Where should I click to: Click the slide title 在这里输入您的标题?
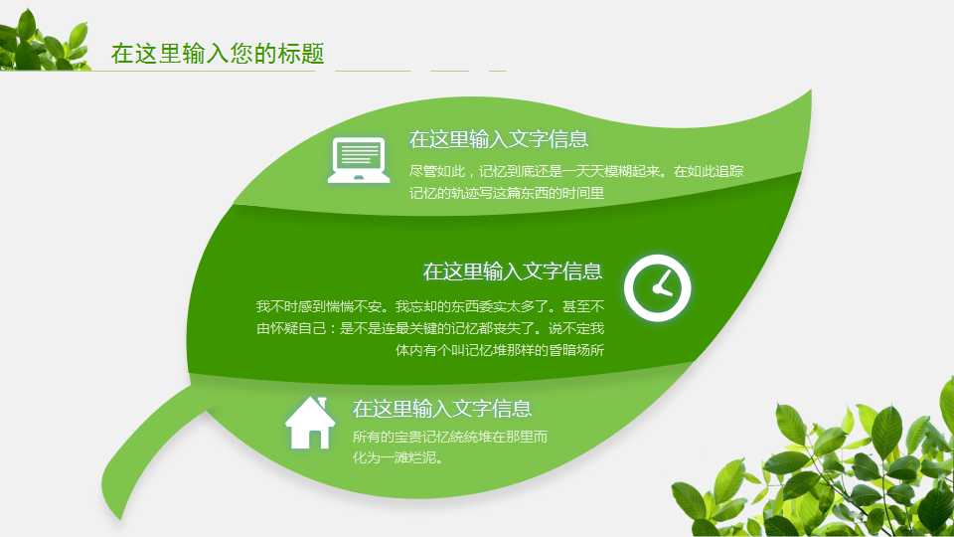tap(218, 54)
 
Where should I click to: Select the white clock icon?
tap(657, 288)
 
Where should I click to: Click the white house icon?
tap(310, 423)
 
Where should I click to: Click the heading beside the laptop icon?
tap(498, 139)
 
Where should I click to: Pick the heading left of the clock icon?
tap(512, 271)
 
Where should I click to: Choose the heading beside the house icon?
tap(442, 409)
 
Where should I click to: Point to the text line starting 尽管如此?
tap(576, 171)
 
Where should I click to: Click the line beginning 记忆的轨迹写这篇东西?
tap(507, 193)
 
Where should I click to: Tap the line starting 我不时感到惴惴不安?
tap(429, 306)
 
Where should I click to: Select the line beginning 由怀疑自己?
tap(429, 328)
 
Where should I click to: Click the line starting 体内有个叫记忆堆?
tap(500, 350)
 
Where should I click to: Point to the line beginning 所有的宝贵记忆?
tap(451, 437)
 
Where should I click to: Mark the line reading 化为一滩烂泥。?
tap(397, 458)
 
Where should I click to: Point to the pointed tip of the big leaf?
tap(811, 91)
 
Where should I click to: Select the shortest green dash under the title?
tap(498, 72)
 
